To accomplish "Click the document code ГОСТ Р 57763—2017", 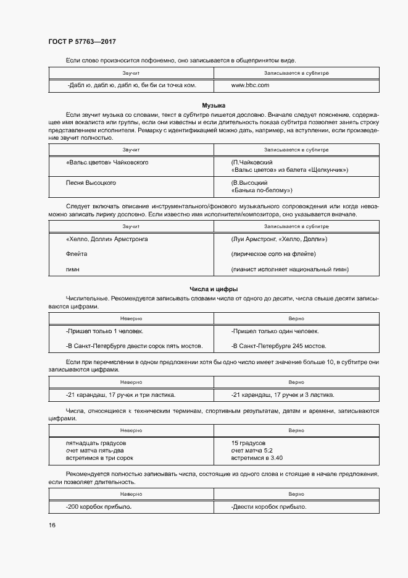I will [82, 41].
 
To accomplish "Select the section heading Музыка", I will [214, 106].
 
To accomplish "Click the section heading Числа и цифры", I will [214, 289].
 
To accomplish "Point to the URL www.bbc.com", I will [250, 85].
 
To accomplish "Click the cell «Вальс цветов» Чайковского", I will [107, 163].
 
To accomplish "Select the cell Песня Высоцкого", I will [91, 183].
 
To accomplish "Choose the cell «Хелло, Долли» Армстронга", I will [106, 239].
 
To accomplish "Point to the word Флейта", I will [76, 254].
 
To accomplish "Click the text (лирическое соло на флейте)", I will [273, 254].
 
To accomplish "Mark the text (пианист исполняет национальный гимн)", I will [290, 270].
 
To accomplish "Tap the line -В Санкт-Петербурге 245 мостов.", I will [279, 346].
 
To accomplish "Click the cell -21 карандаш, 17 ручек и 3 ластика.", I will [283, 394].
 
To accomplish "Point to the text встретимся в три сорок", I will [99, 458].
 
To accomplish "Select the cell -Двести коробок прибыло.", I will [269, 507].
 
